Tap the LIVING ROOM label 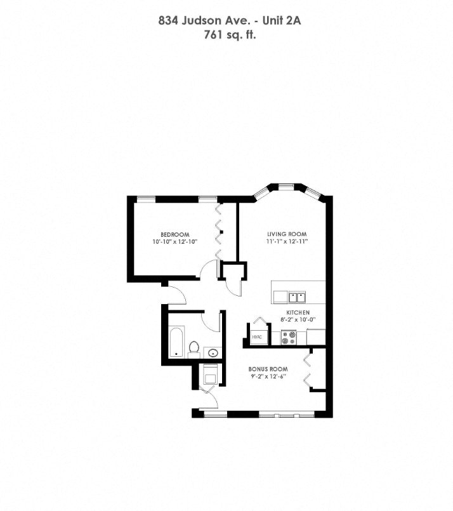click(x=286, y=234)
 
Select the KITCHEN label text click(x=298, y=314)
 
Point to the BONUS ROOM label click(x=268, y=369)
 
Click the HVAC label click(x=257, y=337)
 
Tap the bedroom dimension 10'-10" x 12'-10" click(x=175, y=242)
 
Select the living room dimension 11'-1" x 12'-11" click(x=287, y=242)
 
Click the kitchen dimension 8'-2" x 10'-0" click(x=298, y=321)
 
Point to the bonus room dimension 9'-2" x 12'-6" click(x=268, y=377)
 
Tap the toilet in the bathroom click(x=194, y=348)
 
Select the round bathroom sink click(x=214, y=352)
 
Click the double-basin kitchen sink click(x=296, y=296)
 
